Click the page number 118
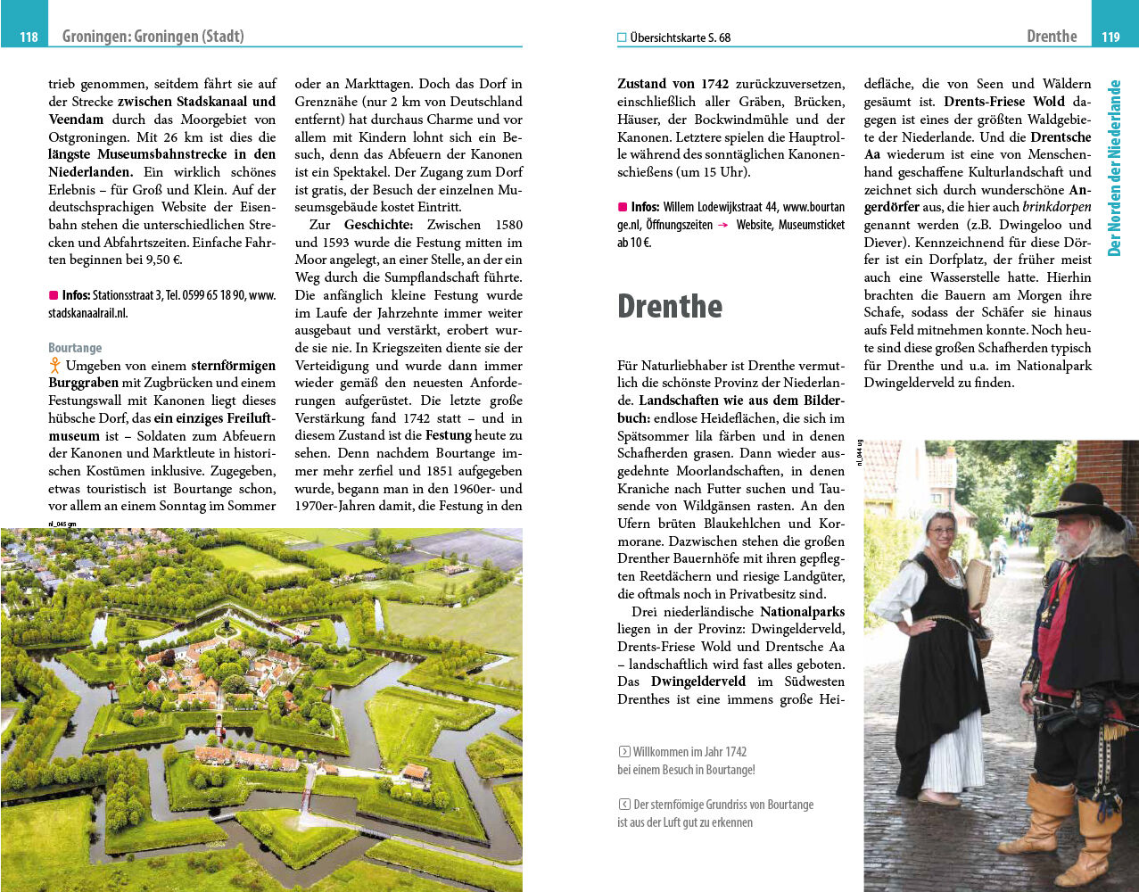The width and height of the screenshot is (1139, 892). [x=29, y=37]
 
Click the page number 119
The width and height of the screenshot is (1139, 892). [x=1110, y=37]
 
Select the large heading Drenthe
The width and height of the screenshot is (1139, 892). [x=670, y=306]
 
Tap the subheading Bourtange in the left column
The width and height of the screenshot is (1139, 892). [x=75, y=348]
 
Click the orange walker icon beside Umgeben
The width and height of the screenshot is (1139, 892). [x=54, y=365]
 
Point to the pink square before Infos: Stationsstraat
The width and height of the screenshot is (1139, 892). [x=54, y=295]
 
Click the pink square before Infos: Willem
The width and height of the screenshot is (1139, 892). [x=623, y=207]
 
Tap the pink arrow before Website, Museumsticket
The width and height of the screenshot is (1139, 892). [x=723, y=226]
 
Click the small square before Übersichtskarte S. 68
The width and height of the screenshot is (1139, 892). [x=622, y=37]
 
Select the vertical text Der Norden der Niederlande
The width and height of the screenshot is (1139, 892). [x=1114, y=168]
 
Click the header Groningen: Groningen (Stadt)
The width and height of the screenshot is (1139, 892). [x=153, y=37]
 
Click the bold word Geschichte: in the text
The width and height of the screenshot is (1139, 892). [x=378, y=225]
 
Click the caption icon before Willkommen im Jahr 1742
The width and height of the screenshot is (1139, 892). [x=623, y=752]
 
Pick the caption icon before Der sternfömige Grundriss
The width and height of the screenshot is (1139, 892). [x=623, y=805]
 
